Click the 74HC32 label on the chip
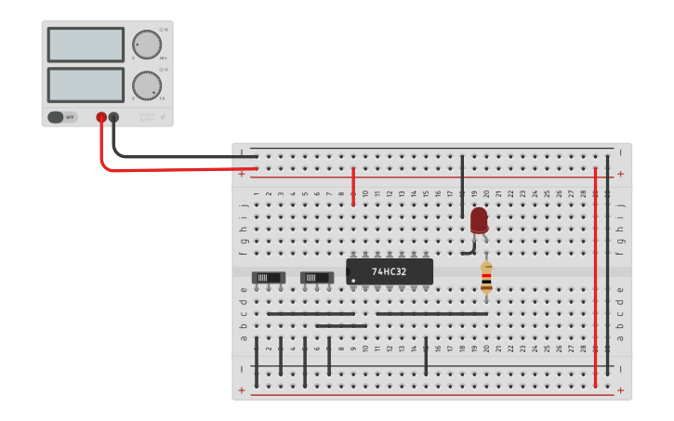389,271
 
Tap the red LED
479,220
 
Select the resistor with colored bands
486,277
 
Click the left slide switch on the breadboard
269,277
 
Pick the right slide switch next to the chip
317,277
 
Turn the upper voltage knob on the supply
145,44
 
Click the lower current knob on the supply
146,86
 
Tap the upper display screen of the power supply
86,45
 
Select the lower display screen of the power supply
86,85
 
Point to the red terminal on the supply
101,117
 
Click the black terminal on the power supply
113,117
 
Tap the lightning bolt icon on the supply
165,117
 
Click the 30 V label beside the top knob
163,58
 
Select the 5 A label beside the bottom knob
162,99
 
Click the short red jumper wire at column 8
353,187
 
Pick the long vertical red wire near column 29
595,279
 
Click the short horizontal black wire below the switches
335,326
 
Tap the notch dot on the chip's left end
353,280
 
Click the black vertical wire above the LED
462,186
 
